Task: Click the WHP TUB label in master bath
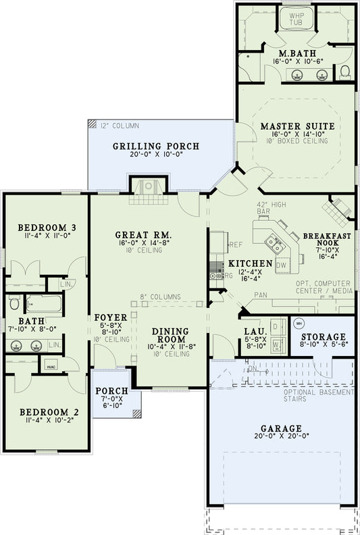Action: coord(296,20)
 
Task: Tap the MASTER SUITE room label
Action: coord(297,126)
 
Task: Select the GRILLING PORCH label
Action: coord(155,146)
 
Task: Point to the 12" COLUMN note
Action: coord(120,126)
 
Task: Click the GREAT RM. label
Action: coord(142,234)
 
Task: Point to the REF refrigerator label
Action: coord(236,245)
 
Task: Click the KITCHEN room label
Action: coord(250,263)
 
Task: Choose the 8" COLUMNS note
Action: coord(160,297)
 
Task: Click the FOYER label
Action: coord(107,317)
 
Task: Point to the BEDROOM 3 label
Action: coord(46,227)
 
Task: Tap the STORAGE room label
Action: coord(324,336)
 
